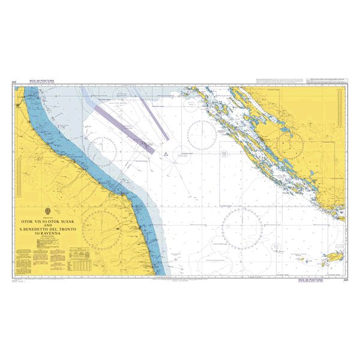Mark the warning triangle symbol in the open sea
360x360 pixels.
click(175, 155)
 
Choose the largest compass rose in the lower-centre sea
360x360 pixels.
click(243, 229)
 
